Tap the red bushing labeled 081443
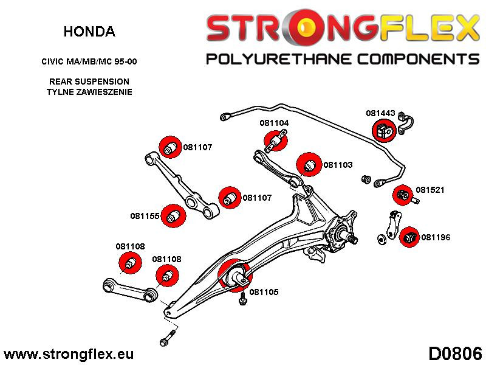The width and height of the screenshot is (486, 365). tap(383, 130)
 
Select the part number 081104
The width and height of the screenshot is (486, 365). tap(274, 123)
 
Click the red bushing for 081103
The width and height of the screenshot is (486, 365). tap(309, 164)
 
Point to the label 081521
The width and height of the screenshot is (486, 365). tap(430, 190)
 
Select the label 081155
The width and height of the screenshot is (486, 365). tap(145, 215)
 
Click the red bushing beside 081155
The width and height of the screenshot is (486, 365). tap(176, 215)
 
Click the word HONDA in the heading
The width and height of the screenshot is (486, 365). tap(89, 32)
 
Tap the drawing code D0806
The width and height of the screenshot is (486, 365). tap(455, 353)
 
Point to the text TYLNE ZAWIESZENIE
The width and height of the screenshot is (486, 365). tap(89, 92)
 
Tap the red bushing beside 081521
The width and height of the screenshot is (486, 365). tap(402, 195)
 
